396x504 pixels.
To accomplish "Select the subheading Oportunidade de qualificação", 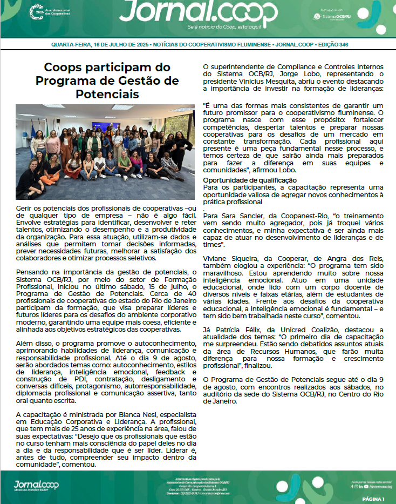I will (x=249, y=180).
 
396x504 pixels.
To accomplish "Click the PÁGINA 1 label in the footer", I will (x=373, y=499).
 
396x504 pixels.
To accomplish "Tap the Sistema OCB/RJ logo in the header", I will (x=333, y=16).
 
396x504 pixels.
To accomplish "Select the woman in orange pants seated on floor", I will (x=52, y=170).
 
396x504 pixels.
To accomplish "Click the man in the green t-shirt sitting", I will (x=124, y=165).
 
